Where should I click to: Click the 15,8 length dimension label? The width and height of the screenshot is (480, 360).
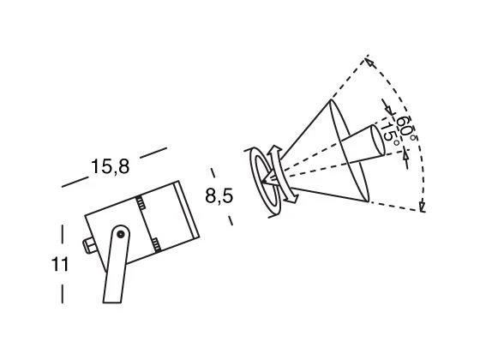[111, 167]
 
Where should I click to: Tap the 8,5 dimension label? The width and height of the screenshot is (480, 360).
[219, 195]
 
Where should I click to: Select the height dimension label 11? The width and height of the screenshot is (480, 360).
[60, 264]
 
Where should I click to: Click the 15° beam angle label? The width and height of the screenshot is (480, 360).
[390, 133]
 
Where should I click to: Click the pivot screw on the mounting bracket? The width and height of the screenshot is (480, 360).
[121, 234]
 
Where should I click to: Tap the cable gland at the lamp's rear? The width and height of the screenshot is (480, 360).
[89, 246]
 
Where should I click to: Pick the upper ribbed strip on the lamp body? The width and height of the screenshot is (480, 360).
[141, 202]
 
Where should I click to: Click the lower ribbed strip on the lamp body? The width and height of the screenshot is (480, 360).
[156, 245]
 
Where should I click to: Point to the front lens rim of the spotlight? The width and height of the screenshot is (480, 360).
[188, 210]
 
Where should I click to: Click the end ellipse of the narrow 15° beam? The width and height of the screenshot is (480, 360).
[378, 140]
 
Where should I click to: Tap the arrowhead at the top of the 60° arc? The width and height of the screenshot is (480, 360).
[370, 62]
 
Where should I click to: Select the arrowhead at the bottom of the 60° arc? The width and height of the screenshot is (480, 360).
[422, 207]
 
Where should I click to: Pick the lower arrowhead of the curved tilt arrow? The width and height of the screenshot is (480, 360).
[291, 197]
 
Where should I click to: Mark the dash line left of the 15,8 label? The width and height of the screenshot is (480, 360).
[75, 182]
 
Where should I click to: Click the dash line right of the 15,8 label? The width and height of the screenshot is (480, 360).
[153, 153]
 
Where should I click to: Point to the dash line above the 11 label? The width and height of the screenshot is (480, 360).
[63, 234]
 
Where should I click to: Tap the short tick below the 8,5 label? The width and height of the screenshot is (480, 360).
[231, 220]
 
